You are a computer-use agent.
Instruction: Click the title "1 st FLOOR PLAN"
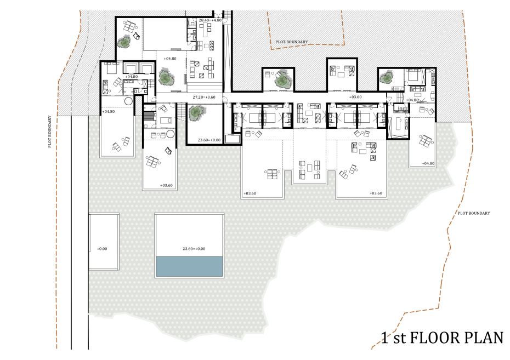point(442,338)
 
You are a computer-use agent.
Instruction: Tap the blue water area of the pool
point(189,266)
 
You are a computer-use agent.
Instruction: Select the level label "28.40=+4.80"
point(210,20)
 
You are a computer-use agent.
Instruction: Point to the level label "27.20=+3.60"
point(204,97)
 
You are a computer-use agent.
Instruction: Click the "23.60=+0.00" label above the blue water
point(194,249)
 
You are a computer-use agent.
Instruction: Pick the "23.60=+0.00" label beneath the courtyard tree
point(209,140)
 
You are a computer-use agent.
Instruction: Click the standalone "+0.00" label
point(102,249)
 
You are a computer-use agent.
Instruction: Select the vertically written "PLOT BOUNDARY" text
point(50,132)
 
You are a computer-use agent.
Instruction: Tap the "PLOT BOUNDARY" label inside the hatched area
point(291,42)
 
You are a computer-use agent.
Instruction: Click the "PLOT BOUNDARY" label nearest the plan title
point(474,213)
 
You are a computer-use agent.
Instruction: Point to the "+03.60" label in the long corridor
point(355,97)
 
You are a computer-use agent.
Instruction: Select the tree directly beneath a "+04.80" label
point(166,77)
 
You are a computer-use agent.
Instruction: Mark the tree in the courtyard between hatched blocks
point(282,79)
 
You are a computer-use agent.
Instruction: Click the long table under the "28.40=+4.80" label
point(206,31)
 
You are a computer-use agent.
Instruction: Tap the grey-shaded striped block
point(148,116)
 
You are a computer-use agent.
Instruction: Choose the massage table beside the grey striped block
point(166,121)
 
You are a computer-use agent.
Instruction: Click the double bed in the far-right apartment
point(412,75)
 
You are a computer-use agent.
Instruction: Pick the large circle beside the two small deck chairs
point(170,134)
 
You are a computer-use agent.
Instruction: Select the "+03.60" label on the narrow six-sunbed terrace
point(166,186)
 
